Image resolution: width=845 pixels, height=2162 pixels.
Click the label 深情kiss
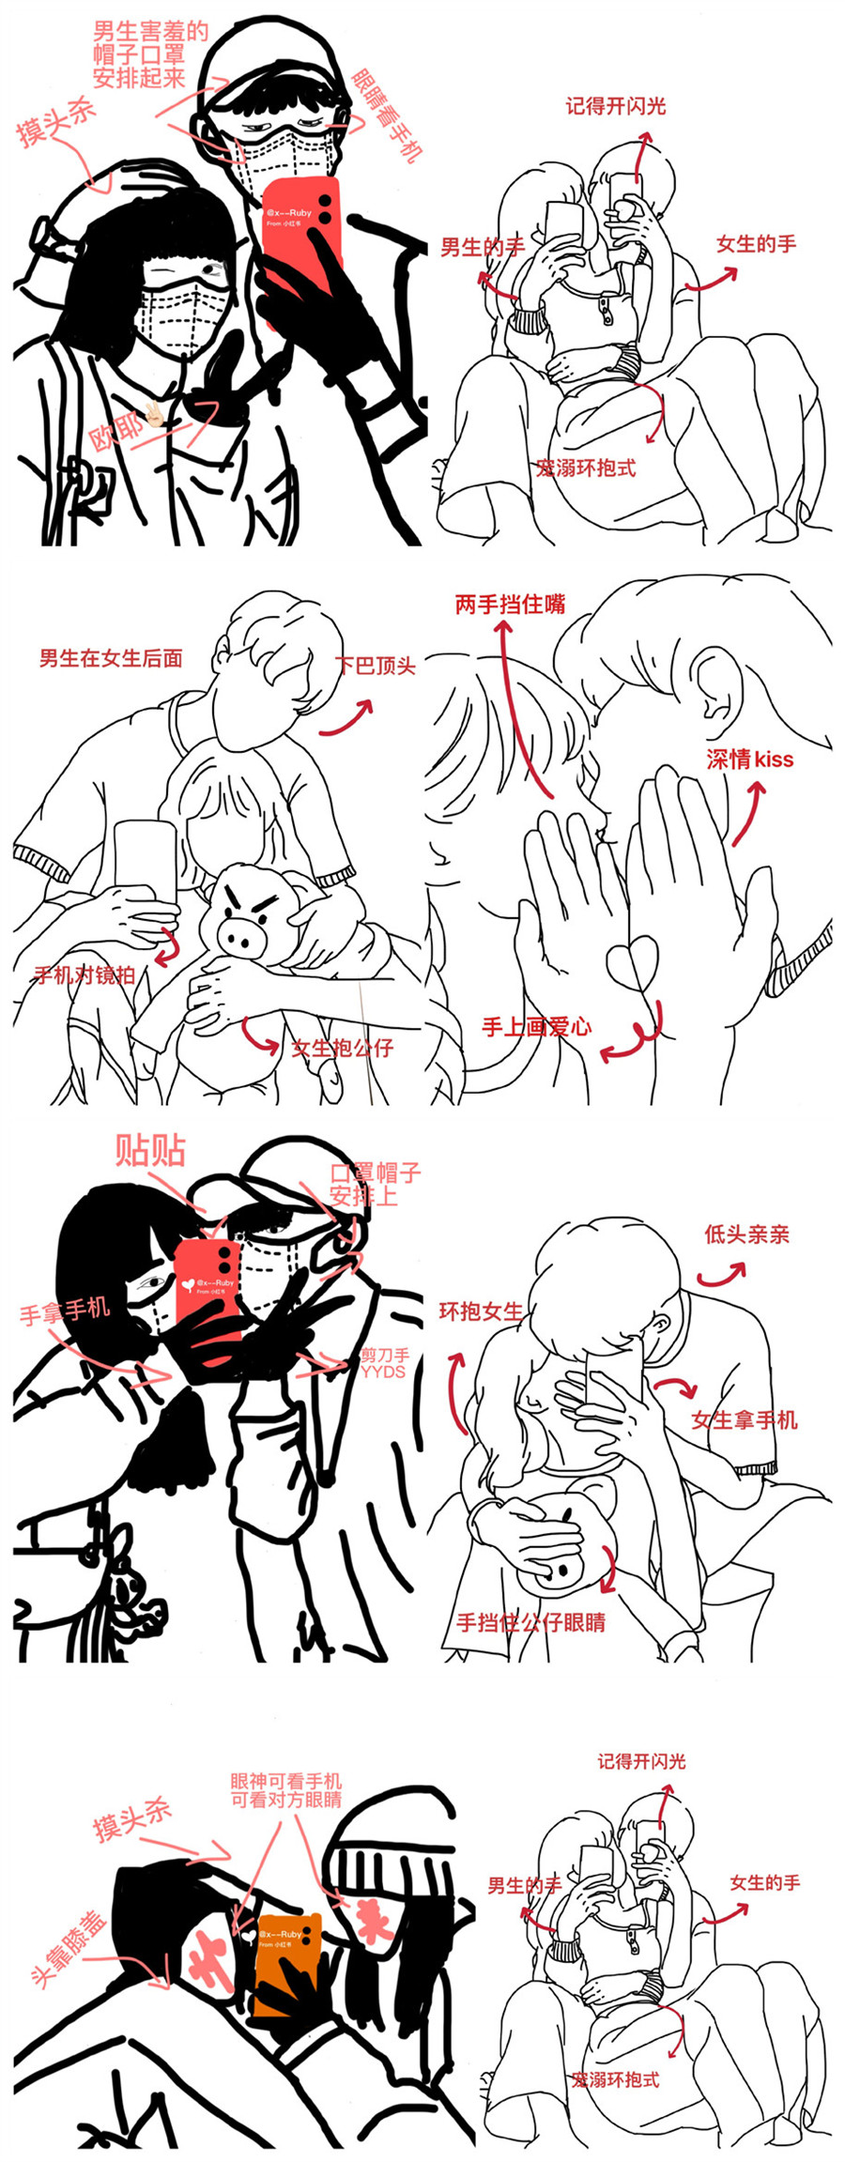click(x=749, y=759)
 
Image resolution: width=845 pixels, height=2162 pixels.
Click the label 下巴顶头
click(x=376, y=667)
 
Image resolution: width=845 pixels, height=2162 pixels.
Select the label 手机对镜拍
click(x=84, y=974)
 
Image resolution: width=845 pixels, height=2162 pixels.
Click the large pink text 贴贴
click(x=150, y=1150)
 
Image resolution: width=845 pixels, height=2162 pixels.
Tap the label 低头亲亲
click(x=746, y=1234)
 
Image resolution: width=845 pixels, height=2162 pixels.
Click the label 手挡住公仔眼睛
click(x=530, y=1622)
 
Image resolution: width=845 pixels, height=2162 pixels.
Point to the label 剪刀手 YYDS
click(x=384, y=1363)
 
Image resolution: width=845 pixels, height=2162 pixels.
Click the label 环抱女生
click(x=481, y=1311)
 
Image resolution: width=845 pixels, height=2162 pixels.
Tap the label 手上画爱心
click(x=536, y=1027)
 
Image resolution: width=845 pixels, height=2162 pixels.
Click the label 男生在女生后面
click(x=111, y=659)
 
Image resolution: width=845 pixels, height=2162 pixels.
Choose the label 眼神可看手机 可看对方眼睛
click(x=286, y=1790)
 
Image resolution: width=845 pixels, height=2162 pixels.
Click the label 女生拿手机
click(x=745, y=1420)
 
